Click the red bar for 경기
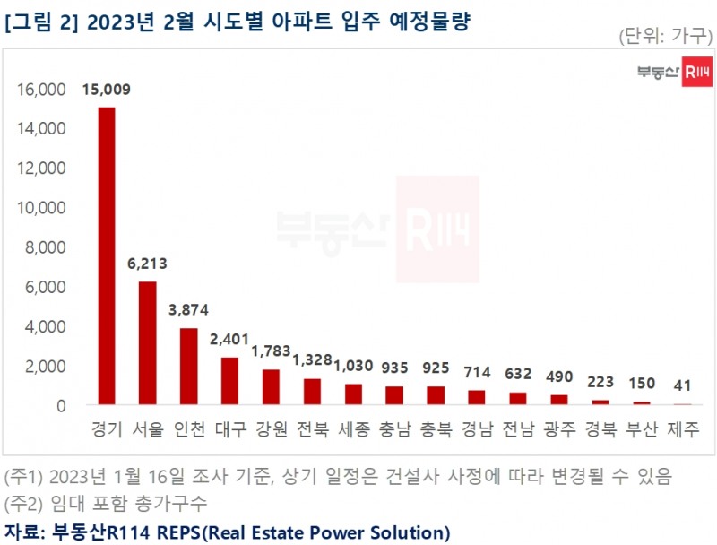coord(106,256)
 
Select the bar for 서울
coord(147,343)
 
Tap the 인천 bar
coord(188,367)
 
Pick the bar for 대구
coord(229,381)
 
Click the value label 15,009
coord(106,90)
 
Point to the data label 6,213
coord(147,264)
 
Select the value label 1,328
coord(312,360)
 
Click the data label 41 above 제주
coord(683,386)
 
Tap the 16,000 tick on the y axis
coord(41,90)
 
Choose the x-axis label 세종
coord(353,429)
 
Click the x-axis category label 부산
coord(642,429)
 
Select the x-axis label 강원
coord(271,429)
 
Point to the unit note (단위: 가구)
coord(665,37)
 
